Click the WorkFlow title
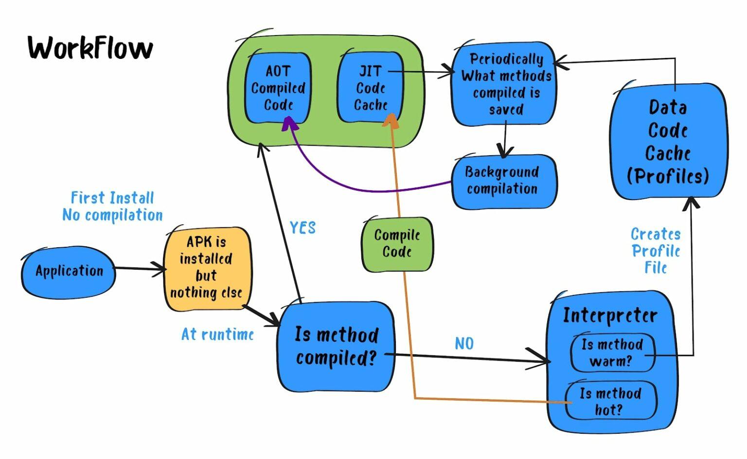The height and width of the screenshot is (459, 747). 90,48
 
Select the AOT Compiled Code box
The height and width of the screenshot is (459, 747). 278,88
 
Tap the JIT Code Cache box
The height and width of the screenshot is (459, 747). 371,88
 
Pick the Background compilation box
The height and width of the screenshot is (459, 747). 503,181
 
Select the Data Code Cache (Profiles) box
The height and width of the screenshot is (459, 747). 668,141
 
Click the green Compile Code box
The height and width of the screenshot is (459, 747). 397,243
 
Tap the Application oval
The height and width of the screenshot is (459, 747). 69,271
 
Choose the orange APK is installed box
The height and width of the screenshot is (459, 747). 207,268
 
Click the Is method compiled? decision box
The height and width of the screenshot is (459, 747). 336,346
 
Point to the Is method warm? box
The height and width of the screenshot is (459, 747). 612,352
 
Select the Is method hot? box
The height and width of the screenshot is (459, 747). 611,401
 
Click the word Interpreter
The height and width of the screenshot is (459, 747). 610,315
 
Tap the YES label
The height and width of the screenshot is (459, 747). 302,228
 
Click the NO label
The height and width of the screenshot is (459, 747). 464,344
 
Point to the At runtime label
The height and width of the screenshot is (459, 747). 217,334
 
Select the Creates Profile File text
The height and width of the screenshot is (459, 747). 656,251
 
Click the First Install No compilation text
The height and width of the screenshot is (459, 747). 112,206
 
